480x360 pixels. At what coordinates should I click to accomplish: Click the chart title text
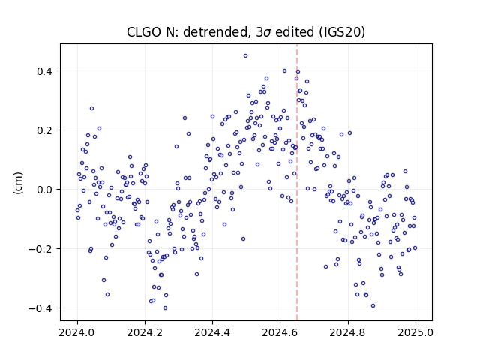(x=246, y=32)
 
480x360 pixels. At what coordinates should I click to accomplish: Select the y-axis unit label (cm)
(x=18, y=183)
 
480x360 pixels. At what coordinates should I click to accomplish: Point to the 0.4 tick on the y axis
(x=44, y=71)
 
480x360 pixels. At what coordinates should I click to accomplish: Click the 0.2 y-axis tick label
(x=44, y=130)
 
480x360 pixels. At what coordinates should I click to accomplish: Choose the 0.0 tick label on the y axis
(x=44, y=190)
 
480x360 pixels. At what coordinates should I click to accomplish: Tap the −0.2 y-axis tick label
(x=40, y=249)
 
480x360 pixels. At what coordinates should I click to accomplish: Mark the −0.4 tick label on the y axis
(x=40, y=308)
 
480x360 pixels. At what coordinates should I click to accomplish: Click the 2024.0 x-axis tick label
(x=77, y=332)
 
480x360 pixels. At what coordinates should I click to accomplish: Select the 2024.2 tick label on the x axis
(x=145, y=332)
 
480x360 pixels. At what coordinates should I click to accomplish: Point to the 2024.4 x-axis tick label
(x=212, y=332)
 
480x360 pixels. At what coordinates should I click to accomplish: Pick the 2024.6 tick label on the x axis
(x=280, y=332)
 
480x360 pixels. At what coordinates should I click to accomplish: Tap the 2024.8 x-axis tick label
(x=348, y=332)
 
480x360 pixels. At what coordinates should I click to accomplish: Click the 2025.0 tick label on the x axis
(x=415, y=332)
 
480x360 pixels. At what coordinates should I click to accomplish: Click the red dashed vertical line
(x=297, y=182)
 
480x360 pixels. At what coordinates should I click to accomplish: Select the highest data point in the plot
(x=245, y=56)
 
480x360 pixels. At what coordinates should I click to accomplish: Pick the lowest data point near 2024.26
(x=165, y=308)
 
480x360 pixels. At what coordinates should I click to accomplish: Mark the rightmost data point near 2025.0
(x=415, y=248)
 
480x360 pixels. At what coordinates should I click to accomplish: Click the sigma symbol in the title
(x=267, y=33)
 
